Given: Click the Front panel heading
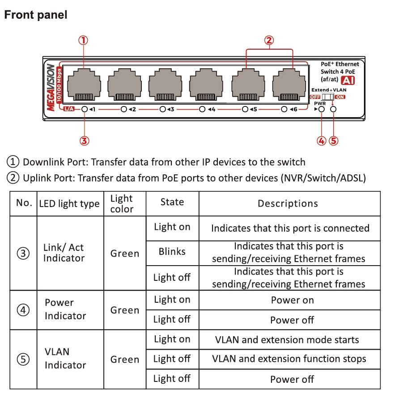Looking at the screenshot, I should tap(36, 15).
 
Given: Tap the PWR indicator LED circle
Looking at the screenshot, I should tap(321, 109).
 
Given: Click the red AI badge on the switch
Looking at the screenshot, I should tap(348, 80).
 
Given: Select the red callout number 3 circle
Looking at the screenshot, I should tap(85, 141).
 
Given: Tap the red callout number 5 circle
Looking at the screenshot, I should tap(333, 141).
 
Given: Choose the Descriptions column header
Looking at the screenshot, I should tap(288, 204).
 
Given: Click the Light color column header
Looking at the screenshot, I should tap(122, 204).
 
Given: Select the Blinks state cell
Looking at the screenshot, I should tap(172, 252).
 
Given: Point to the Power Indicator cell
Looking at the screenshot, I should tap(65, 309).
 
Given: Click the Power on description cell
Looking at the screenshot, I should tap(292, 300).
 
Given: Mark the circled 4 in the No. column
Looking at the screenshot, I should tap(23, 310).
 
